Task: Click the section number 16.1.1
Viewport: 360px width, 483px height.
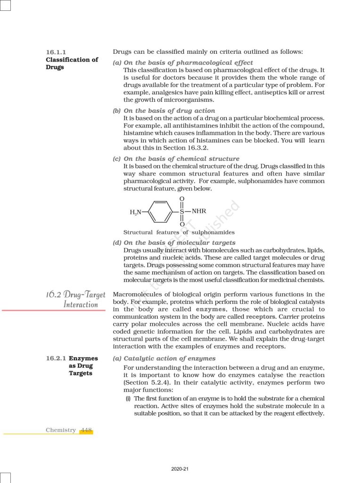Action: tap(57, 52)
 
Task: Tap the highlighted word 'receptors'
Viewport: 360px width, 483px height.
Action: tap(260, 317)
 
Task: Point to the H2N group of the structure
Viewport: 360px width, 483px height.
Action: tap(136, 212)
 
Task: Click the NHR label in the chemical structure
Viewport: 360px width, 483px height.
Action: tap(199, 211)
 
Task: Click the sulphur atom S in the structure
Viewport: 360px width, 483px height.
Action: tap(182, 212)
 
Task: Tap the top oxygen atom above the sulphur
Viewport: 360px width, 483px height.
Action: tap(182, 200)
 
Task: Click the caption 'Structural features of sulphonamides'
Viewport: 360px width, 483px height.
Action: tap(179, 232)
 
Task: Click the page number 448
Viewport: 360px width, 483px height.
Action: tap(86, 430)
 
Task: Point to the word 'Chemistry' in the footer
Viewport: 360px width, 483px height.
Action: tap(60, 430)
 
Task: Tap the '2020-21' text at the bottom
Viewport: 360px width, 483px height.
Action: tap(180, 469)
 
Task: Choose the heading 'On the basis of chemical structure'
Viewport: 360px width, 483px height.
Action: tap(181, 159)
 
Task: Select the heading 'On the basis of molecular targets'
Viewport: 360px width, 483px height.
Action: tap(179, 242)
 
